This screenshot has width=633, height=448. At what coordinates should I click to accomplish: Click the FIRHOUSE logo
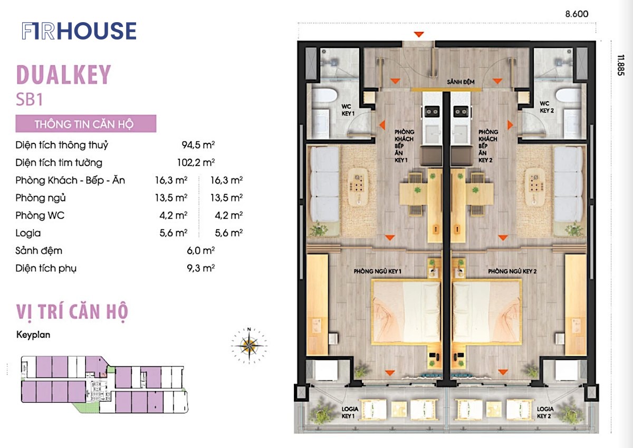pyautogui.click(x=79, y=31)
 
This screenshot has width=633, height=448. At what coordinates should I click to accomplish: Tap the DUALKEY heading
pyautogui.click(x=64, y=75)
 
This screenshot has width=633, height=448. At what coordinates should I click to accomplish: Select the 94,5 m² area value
pyautogui.click(x=198, y=145)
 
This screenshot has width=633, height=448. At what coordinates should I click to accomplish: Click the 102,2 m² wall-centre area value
pyautogui.click(x=196, y=162)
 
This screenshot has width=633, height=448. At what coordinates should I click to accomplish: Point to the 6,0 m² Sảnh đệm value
pyautogui.click(x=200, y=250)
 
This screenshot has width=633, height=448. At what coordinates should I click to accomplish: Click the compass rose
pyautogui.click(x=249, y=345)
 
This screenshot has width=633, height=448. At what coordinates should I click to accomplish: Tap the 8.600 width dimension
pyautogui.click(x=577, y=14)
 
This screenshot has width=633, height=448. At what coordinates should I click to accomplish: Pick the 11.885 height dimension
pyautogui.click(x=620, y=65)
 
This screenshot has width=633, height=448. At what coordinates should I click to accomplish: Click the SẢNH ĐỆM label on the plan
pyautogui.click(x=461, y=82)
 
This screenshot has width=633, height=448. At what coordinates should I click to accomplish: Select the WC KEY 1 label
pyautogui.click(x=348, y=110)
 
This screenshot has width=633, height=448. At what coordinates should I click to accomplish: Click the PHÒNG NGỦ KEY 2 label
pyautogui.click(x=512, y=271)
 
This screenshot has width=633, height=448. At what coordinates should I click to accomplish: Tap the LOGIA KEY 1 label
pyautogui.click(x=350, y=413)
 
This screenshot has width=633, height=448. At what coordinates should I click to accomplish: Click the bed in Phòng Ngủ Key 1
pyautogui.click(x=406, y=312)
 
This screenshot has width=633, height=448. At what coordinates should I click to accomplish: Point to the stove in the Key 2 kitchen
pyautogui.click(x=461, y=112)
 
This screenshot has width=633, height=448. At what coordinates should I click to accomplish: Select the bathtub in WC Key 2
pyautogui.click(x=569, y=95)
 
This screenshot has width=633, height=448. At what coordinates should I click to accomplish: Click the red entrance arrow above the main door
pyautogui.click(x=419, y=34)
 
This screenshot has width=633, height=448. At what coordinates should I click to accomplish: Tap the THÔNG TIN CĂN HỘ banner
pyautogui.click(x=86, y=124)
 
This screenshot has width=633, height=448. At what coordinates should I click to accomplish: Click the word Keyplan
pyautogui.click(x=33, y=335)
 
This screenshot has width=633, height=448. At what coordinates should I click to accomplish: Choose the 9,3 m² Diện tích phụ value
pyautogui.click(x=200, y=268)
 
